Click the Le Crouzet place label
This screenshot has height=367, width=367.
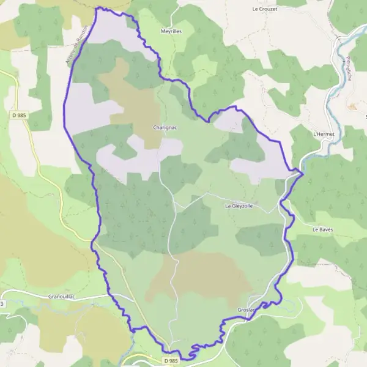(x=264, y=9)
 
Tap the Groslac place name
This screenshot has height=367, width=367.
(x=247, y=310)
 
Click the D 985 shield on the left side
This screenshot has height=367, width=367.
(x=18, y=114)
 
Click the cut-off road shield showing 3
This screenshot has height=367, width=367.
(x=2, y=303)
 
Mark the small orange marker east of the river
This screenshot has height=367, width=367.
(x=352, y=106)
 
